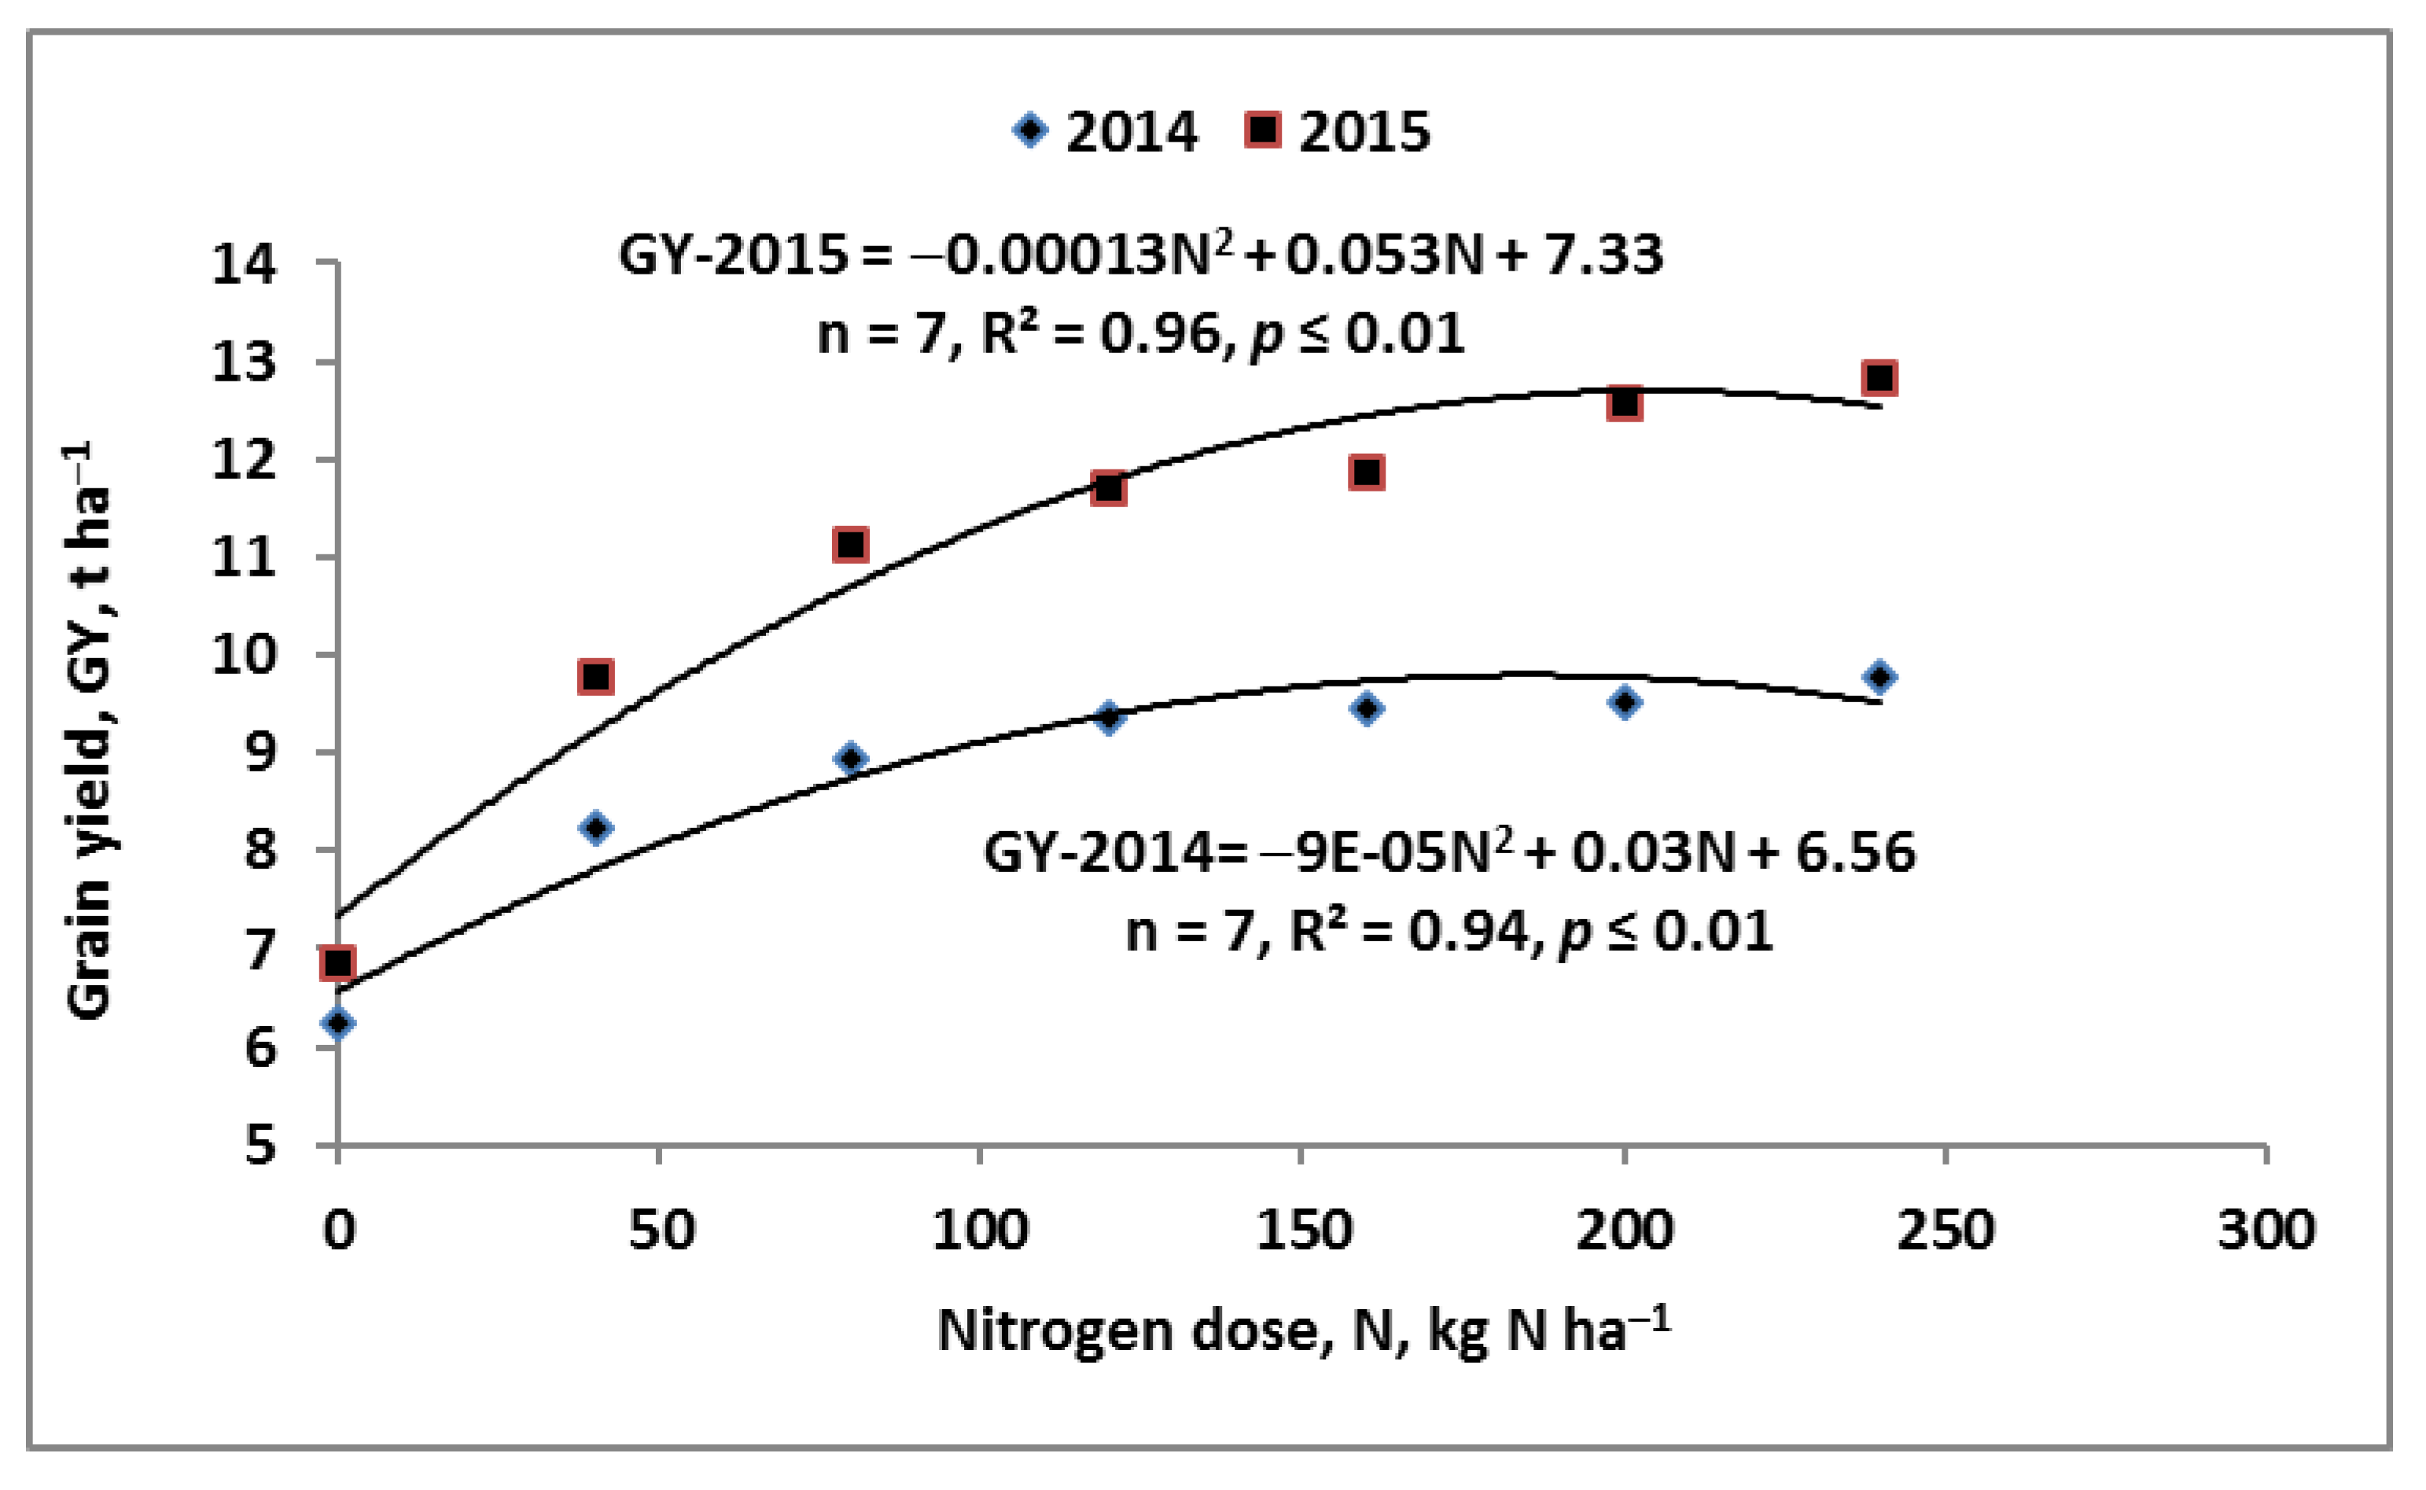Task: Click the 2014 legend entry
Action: [1106, 131]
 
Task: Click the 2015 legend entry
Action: [1338, 131]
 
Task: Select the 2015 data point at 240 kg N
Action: [1879, 377]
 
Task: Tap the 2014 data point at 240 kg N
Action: [1879, 677]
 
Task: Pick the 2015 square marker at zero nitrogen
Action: [337, 962]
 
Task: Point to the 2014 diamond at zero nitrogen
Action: [337, 1023]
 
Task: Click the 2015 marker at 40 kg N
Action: [596, 677]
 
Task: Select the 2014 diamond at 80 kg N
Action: [852, 758]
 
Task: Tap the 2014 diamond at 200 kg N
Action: [1625, 701]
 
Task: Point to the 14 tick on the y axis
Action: [245, 264]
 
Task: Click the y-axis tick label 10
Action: [245, 654]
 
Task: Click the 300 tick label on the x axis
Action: [2266, 1231]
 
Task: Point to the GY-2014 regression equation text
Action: [1449, 852]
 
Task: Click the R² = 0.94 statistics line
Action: [1449, 931]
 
